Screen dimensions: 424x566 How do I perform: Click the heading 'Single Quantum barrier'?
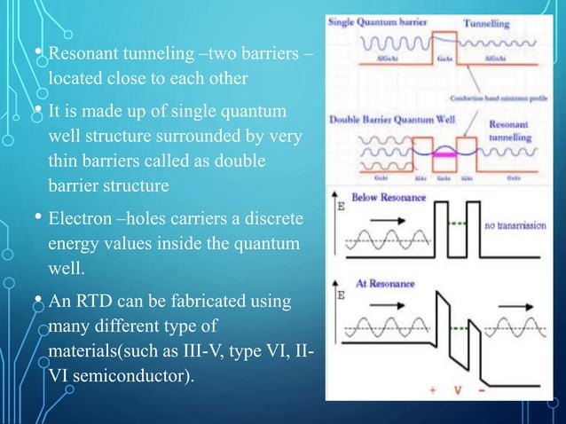point(376,20)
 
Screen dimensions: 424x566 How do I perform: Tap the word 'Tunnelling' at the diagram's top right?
point(483,20)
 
